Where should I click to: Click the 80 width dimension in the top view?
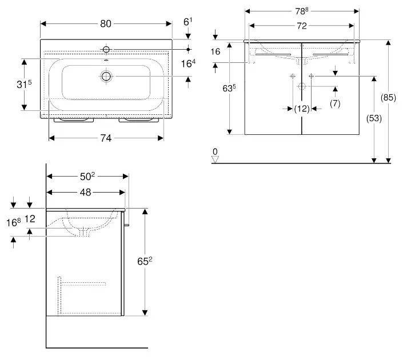click(x=105, y=23)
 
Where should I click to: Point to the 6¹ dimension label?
click(x=187, y=22)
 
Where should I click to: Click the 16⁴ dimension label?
click(x=189, y=63)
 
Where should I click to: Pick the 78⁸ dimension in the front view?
click(x=301, y=10)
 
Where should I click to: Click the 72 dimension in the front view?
click(x=301, y=25)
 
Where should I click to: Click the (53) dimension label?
click(x=373, y=118)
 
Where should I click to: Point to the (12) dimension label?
click(x=301, y=109)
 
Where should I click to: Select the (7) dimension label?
click(x=336, y=103)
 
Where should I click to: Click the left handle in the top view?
click(x=73, y=120)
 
